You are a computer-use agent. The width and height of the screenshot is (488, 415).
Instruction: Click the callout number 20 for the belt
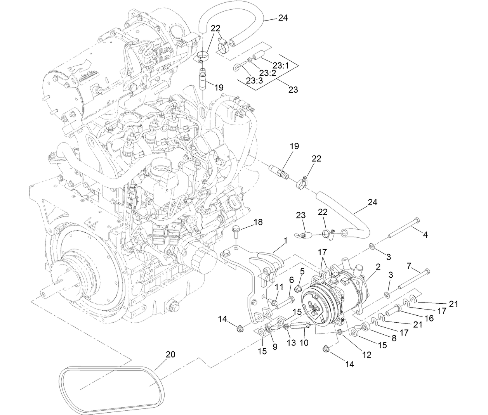pos(170,354)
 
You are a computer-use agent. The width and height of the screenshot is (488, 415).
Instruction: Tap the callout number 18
pos(258,222)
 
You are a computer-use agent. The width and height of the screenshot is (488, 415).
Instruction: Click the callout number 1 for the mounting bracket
pos(285,241)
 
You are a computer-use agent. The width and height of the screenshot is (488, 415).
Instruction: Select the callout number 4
pos(425,235)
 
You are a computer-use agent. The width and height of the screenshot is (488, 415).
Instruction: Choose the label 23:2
pos(267,73)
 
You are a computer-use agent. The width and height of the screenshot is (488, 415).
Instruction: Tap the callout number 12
pos(366,354)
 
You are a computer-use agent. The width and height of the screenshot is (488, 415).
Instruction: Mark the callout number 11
pos(279,287)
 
